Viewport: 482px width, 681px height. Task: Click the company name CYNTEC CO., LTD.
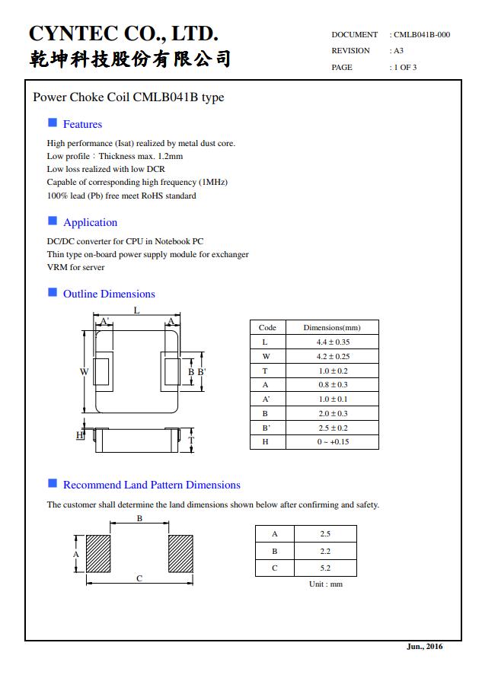[123, 33]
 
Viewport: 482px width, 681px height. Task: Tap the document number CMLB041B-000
[422, 34]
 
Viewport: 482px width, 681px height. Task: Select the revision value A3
[398, 51]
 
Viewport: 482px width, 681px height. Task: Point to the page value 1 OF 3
[404, 68]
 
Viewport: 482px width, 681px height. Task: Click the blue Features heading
[82, 124]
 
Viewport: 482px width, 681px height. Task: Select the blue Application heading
[90, 222]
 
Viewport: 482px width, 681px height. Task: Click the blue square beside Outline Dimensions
[53, 292]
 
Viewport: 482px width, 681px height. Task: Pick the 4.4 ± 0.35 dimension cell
[333, 342]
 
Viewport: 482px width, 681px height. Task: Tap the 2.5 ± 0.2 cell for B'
[333, 428]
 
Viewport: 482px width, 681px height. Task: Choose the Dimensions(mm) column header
[332, 328]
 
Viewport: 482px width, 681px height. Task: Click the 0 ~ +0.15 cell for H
[333, 442]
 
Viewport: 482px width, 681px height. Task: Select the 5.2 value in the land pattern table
[325, 568]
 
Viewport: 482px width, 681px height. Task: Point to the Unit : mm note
[325, 584]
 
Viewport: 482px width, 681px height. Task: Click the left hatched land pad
[98, 554]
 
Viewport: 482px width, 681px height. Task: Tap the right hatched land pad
[180, 554]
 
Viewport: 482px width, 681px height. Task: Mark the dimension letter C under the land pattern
[139, 579]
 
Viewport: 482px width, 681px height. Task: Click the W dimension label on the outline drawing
[84, 371]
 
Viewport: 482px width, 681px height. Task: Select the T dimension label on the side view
[191, 440]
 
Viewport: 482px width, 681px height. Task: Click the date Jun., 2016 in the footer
[424, 647]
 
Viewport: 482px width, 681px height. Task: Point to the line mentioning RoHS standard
[121, 196]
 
